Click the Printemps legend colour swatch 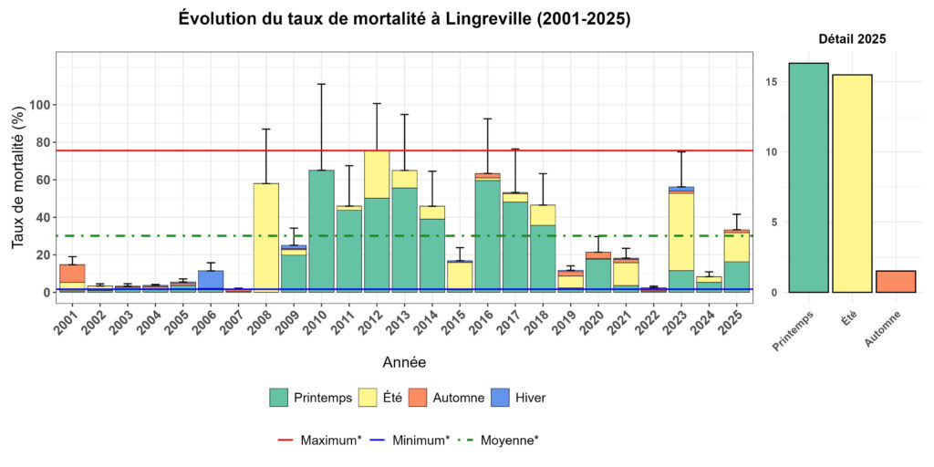tap(279, 397)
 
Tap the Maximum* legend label tap(331, 440)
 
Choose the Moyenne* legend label tap(510, 440)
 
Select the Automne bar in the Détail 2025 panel tap(896, 282)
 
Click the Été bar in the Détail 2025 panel tap(851, 183)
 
